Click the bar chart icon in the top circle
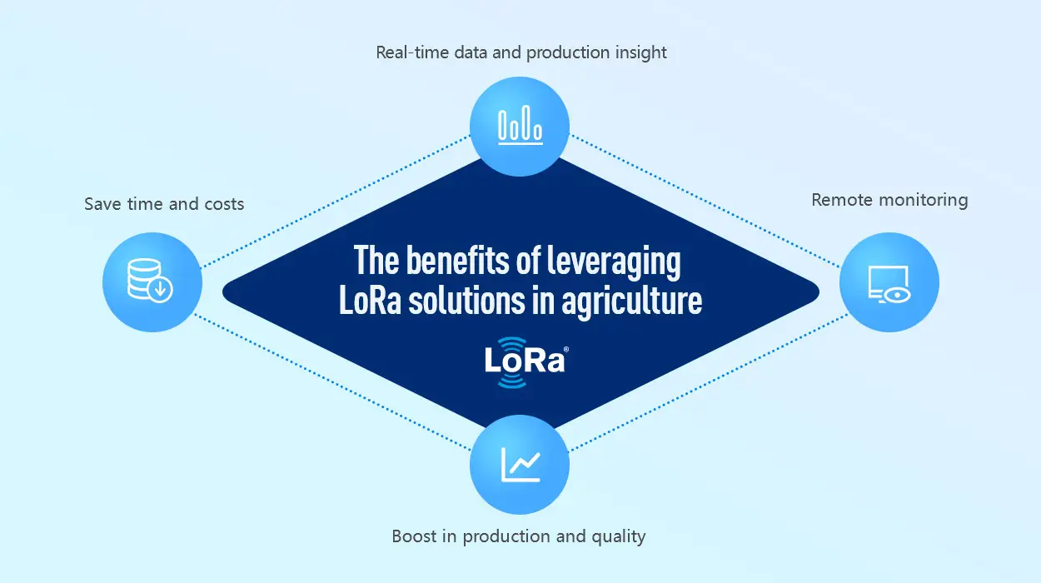520,125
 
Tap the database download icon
150,281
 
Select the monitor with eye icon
889,285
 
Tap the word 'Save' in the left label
102,204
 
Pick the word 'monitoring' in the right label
924,201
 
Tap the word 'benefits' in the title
458,261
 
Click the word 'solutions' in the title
466,301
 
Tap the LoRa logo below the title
525,362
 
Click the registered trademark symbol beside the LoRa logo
566,350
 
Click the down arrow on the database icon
161,290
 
